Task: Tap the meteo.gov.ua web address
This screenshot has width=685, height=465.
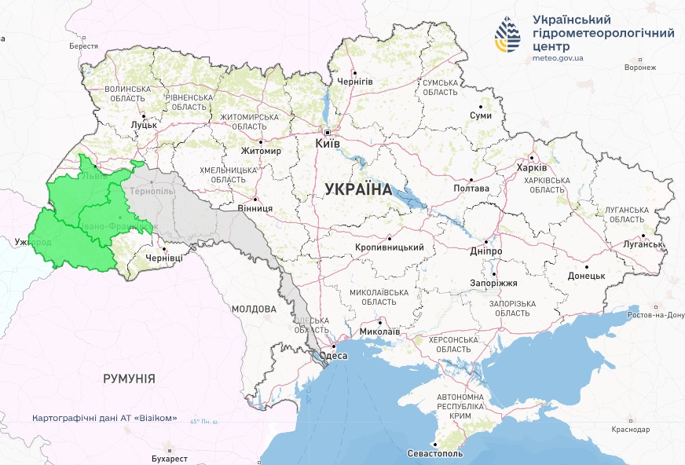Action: click(558, 58)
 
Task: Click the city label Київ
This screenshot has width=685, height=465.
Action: click(327, 144)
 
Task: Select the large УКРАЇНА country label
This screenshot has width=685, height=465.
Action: click(358, 189)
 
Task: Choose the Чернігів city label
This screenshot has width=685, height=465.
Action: click(354, 81)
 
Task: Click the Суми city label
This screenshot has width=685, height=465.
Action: click(480, 115)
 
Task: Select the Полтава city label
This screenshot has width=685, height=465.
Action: click(471, 189)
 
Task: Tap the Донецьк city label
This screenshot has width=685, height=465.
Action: click(586, 276)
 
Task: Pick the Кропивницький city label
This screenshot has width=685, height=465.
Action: click(390, 247)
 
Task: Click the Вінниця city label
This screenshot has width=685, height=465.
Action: click(255, 208)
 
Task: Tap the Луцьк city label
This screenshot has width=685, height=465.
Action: click(145, 124)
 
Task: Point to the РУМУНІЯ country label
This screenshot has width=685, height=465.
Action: click(129, 379)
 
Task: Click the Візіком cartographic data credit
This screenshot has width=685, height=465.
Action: click(104, 418)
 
